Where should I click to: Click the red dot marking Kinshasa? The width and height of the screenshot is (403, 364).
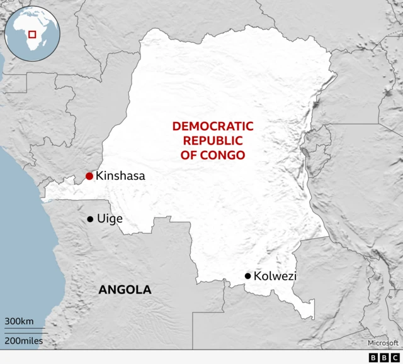(x=89, y=176)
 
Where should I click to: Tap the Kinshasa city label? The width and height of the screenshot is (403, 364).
(x=120, y=177)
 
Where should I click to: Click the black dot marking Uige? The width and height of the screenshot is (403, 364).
(x=90, y=219)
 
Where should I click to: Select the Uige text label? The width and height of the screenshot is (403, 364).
(x=110, y=219)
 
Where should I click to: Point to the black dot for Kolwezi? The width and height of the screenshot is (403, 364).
(x=248, y=276)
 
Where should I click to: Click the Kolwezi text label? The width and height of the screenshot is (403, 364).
(x=275, y=276)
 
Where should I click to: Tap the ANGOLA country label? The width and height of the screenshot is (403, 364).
(x=125, y=290)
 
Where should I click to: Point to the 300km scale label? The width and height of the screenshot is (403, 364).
(x=19, y=321)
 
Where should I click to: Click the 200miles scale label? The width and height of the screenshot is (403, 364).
(x=25, y=340)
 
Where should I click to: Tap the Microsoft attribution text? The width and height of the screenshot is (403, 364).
(x=383, y=343)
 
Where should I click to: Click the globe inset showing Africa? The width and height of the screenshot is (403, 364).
(x=31, y=34)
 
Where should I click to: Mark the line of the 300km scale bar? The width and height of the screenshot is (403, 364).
(x=25, y=329)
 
